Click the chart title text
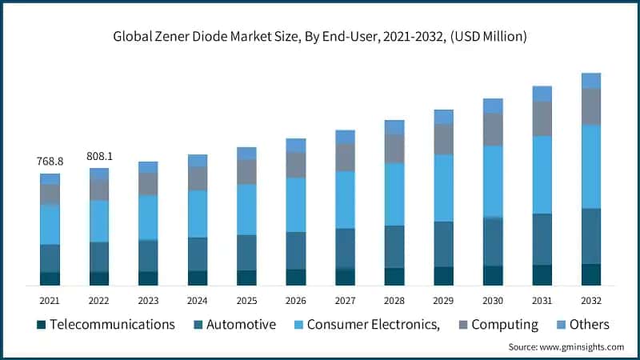[320, 36]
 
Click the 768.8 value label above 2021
[50, 162]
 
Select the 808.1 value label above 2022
[99, 157]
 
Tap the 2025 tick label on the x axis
[246, 300]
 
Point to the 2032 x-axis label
[591, 300]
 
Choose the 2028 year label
[394, 300]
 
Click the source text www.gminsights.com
[566, 347]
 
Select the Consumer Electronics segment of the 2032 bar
[591, 166]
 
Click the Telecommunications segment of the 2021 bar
[50, 278]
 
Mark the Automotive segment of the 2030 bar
[493, 242]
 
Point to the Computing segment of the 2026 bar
[296, 165]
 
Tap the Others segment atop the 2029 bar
[443, 117]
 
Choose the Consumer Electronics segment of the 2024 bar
[198, 214]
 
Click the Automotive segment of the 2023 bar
[148, 256]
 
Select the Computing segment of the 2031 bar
[542, 118]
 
